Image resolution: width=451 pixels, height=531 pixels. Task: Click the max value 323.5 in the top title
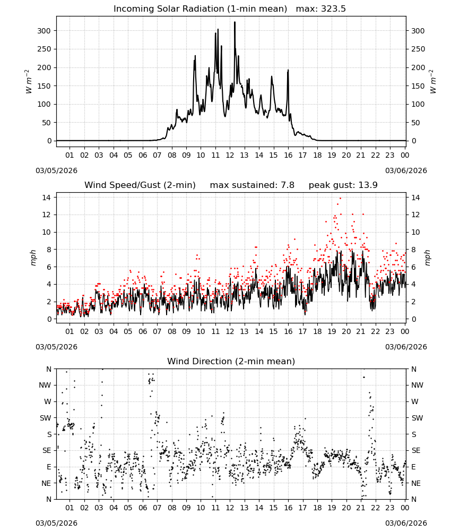333,9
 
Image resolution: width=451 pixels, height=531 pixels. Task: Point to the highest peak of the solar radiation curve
235,22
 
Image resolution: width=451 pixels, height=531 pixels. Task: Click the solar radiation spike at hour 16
288,71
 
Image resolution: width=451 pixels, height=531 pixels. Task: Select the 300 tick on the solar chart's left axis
44,31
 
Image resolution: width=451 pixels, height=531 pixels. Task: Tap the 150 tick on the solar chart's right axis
418,86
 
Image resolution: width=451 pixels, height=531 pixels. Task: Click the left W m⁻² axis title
29,82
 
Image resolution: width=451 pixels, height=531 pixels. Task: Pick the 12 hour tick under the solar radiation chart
230,155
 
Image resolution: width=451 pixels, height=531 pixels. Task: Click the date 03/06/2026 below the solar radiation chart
406,170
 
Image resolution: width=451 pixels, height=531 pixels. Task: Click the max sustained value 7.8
288,185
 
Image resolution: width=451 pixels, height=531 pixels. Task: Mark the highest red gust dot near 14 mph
340,198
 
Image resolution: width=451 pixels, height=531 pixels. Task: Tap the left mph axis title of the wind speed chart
33,258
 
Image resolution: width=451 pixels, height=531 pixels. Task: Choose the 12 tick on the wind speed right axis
415,215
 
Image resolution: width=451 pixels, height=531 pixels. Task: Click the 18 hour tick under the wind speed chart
317,331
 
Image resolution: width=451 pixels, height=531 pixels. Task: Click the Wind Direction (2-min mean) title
231,361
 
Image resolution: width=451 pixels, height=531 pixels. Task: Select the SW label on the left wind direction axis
45,418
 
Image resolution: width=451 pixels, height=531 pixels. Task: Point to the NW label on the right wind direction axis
417,385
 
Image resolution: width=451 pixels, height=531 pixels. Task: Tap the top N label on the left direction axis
49,369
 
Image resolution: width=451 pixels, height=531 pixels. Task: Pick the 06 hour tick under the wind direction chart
143,508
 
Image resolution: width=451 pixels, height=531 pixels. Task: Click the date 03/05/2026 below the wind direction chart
56,523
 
